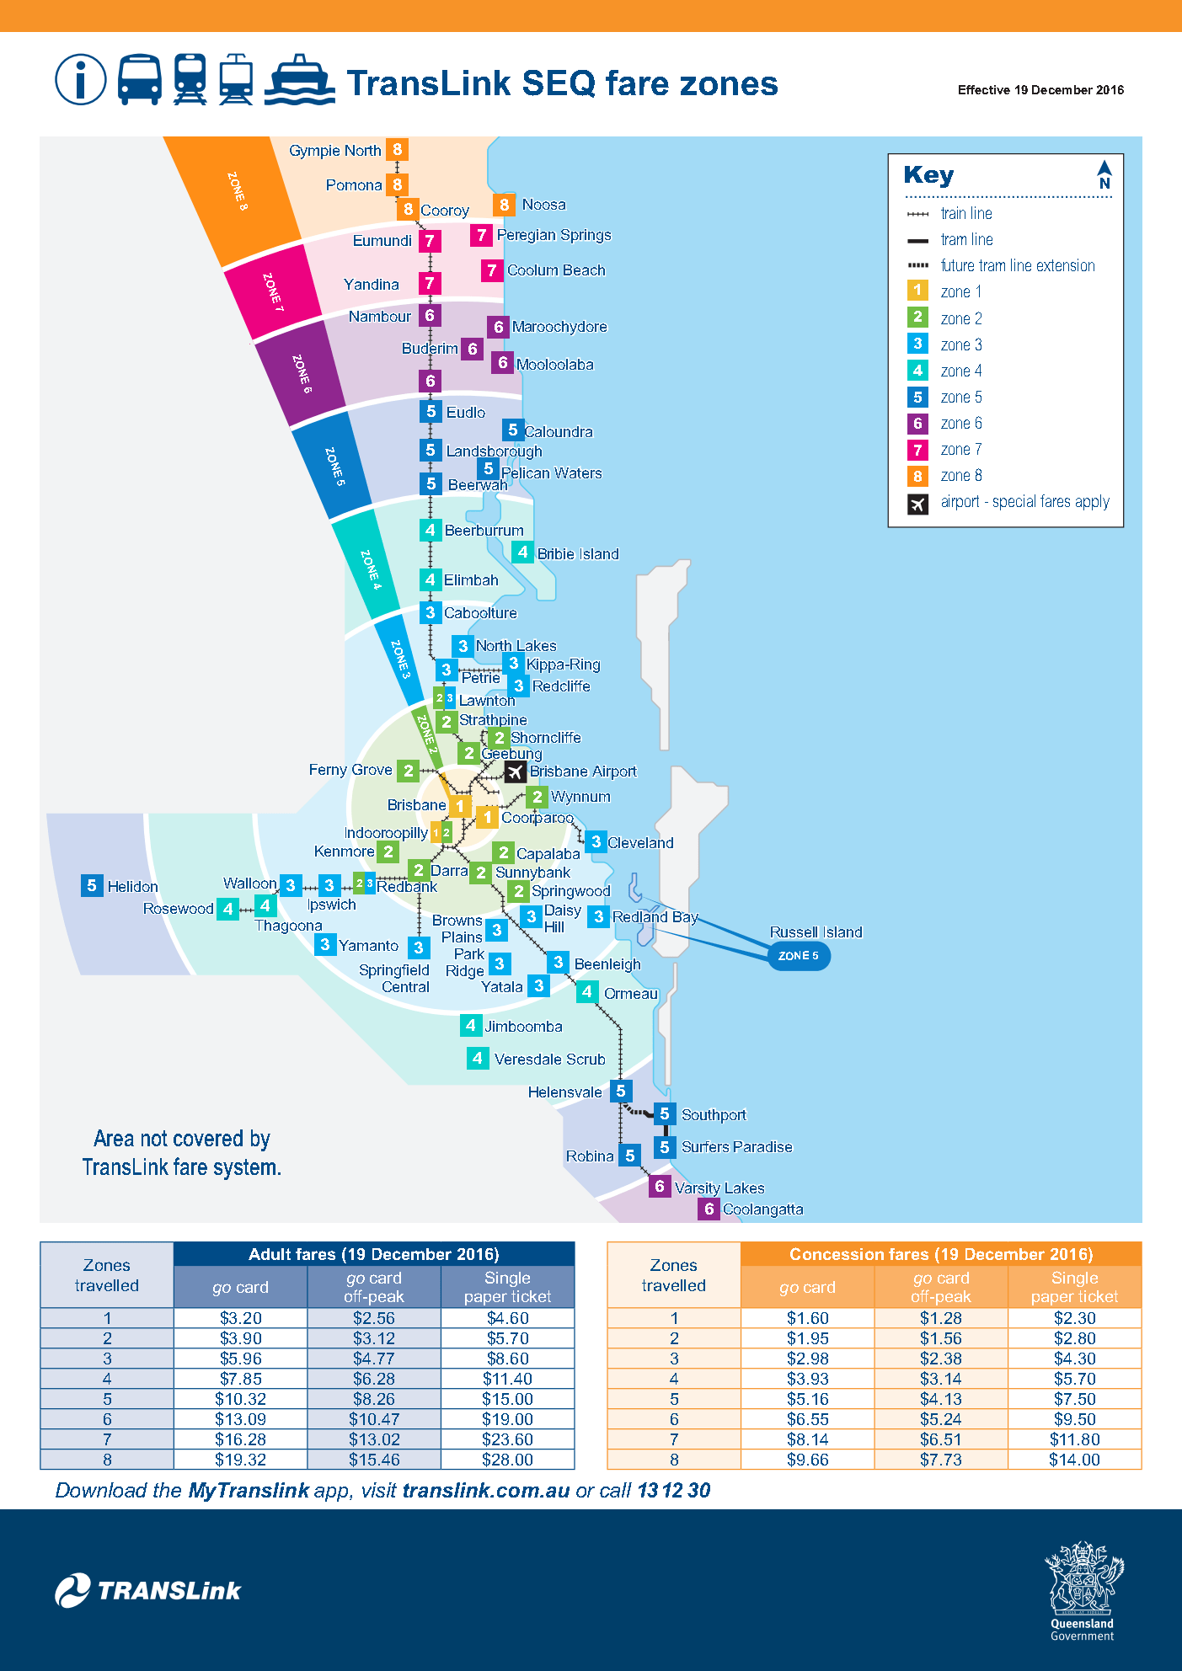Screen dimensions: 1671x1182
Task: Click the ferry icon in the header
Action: (299, 80)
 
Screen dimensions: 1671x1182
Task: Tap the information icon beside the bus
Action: (80, 80)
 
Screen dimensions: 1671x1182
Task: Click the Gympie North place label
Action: (334, 151)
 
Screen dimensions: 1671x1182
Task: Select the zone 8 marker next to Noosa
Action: (504, 205)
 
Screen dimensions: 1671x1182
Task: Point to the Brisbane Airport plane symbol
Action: (516, 771)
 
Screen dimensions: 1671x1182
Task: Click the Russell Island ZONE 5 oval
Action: (799, 956)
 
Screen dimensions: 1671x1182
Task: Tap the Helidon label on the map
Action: (132, 887)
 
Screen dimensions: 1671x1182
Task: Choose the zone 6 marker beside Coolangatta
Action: (709, 1209)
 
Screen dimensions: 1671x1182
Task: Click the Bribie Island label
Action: (578, 554)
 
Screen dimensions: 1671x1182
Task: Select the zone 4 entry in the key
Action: (960, 371)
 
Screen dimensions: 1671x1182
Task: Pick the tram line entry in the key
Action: (966, 240)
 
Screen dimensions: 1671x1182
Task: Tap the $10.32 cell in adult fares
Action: (240, 1399)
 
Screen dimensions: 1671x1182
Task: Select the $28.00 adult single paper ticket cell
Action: (507, 1460)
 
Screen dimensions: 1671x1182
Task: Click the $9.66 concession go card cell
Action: (807, 1460)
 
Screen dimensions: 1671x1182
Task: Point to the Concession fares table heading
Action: (940, 1254)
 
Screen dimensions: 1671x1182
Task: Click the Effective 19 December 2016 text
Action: (1040, 90)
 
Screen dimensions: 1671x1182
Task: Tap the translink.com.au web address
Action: (486, 1491)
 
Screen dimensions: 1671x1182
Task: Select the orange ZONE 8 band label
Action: (238, 190)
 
